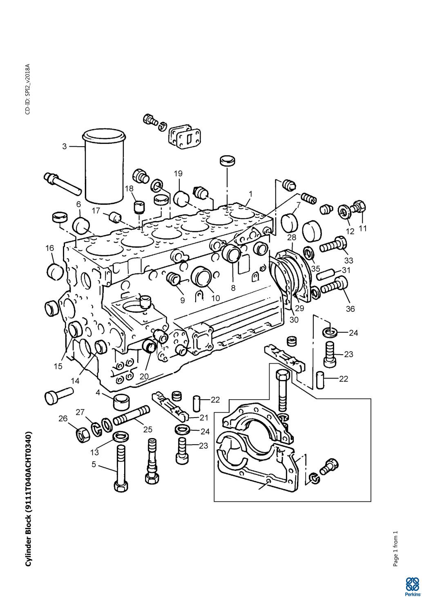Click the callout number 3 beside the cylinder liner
[65, 146]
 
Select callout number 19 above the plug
[178, 173]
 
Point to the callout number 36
[351, 309]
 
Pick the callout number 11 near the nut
[363, 228]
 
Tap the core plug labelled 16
[55, 271]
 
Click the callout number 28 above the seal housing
[291, 237]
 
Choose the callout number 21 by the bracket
[204, 417]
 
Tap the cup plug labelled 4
[121, 402]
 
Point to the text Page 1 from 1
[395, 549]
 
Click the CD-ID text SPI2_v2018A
[27, 89]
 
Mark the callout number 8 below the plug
[233, 287]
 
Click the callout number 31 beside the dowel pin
[346, 270]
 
